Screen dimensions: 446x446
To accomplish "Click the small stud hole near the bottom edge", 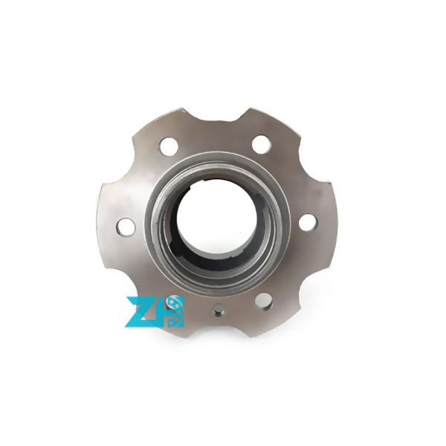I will (x=219, y=313).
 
